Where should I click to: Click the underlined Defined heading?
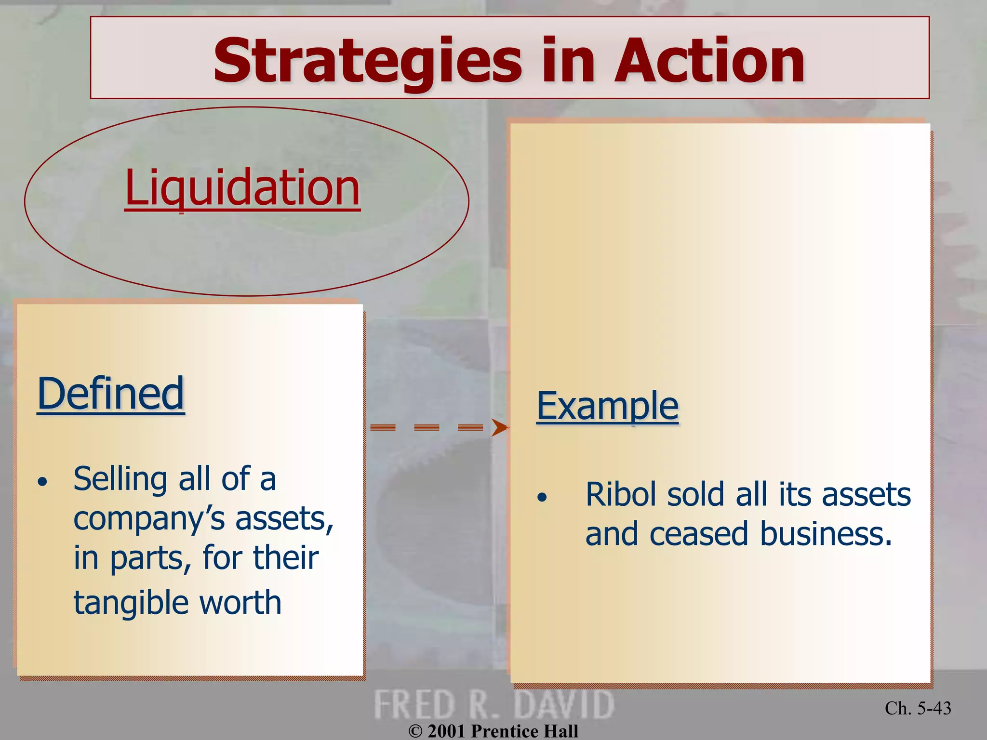click(x=111, y=394)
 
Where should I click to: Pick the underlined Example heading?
click(x=607, y=406)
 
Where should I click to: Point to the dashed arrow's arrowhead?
click(x=499, y=427)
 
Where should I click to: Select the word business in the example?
click(x=826, y=534)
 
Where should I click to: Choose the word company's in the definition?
click(x=150, y=519)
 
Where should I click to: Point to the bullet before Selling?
click(x=43, y=481)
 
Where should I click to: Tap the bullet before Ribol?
click(x=542, y=497)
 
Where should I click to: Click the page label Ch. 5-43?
click(x=918, y=708)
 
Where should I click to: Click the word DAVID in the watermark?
click(x=564, y=705)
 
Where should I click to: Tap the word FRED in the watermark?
click(x=414, y=705)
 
